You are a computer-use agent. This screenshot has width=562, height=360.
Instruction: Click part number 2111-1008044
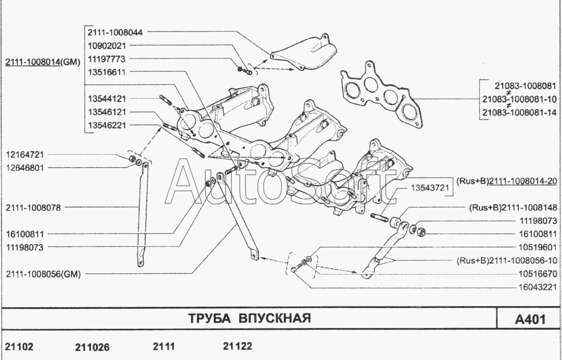(115, 32)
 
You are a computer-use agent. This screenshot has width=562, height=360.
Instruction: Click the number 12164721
(25, 154)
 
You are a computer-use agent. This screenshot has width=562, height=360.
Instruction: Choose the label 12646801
(25, 168)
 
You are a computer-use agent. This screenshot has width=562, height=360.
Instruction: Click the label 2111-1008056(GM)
(43, 275)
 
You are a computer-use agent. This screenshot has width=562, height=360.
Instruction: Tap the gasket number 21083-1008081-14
(519, 112)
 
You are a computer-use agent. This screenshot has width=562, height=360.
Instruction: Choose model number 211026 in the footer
(92, 347)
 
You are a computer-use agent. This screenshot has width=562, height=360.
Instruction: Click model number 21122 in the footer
(238, 346)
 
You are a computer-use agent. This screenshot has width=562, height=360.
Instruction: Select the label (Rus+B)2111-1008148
(513, 207)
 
